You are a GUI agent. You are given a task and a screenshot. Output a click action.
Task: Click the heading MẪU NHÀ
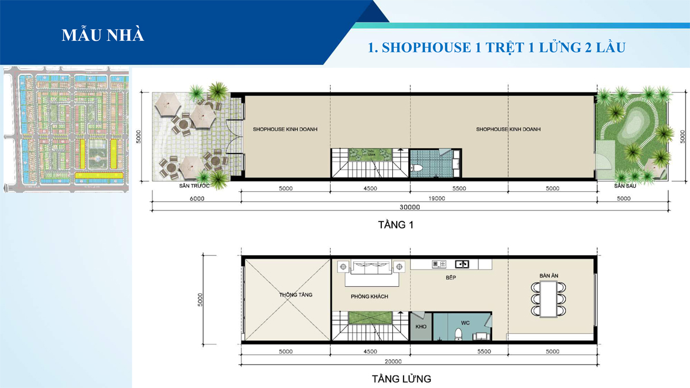103,34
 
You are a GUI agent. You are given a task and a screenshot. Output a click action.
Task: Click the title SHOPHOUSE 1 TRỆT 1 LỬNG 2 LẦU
496,47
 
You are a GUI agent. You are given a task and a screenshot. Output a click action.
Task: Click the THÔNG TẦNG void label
296,295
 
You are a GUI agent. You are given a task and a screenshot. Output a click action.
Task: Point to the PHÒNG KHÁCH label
370,296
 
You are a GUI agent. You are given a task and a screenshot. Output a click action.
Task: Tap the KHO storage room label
420,326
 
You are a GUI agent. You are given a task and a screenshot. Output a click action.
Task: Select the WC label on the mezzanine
465,323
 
